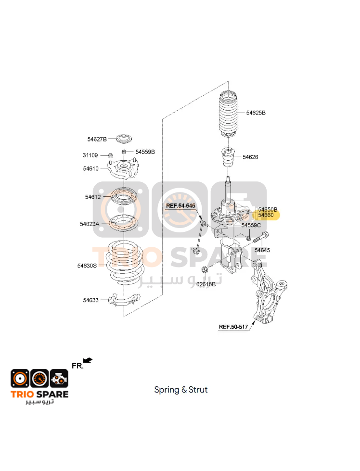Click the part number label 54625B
pyautogui.click(x=256, y=113)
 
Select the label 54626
pyautogui.click(x=250, y=157)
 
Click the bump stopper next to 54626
pyautogui.click(x=228, y=157)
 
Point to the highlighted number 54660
pyautogui.click(x=266, y=215)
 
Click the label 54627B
pyautogui.click(x=97, y=139)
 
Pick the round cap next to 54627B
pyautogui.click(x=124, y=139)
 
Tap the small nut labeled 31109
pyautogui.click(x=110, y=155)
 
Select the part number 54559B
pyautogui.click(x=145, y=152)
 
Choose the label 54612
pyautogui.click(x=93, y=197)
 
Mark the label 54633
pyautogui.click(x=91, y=300)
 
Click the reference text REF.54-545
pyautogui.click(x=180, y=206)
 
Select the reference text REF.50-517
pyautogui.click(x=233, y=327)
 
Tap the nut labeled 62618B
pyautogui.click(x=204, y=269)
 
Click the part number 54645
pyautogui.click(x=262, y=250)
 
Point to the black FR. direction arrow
pyautogui.click(x=88, y=360)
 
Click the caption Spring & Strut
pyautogui.click(x=181, y=390)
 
